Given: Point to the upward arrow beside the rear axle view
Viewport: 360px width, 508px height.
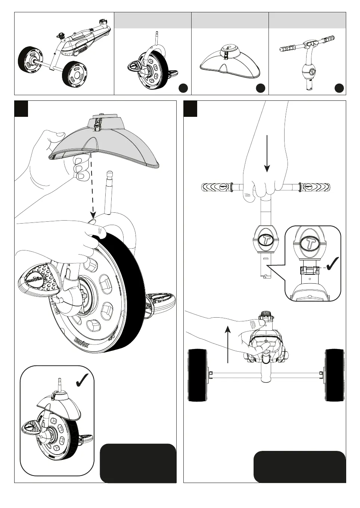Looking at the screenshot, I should (x=228, y=343).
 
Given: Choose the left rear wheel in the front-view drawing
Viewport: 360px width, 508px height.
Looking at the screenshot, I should (x=198, y=375).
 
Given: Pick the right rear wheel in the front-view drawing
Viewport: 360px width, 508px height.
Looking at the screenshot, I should (x=334, y=375).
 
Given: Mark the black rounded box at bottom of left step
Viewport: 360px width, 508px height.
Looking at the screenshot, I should (x=138, y=463).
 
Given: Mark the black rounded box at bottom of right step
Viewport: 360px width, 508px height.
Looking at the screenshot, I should (x=300, y=467).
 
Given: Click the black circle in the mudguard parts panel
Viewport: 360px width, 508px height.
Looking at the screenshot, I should (x=260, y=88).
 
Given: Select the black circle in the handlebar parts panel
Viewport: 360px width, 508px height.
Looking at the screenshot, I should (x=339, y=88).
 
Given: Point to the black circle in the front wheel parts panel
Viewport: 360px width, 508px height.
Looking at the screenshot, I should (x=183, y=88).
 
